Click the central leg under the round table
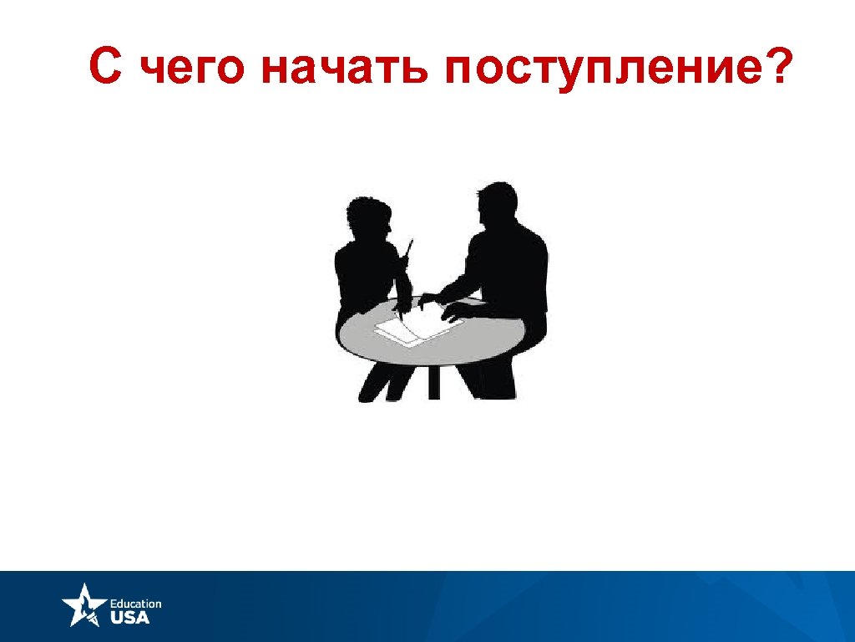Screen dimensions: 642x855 coord(433,381)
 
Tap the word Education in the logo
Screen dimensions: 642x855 coord(135,604)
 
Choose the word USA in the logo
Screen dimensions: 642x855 coord(130,618)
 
